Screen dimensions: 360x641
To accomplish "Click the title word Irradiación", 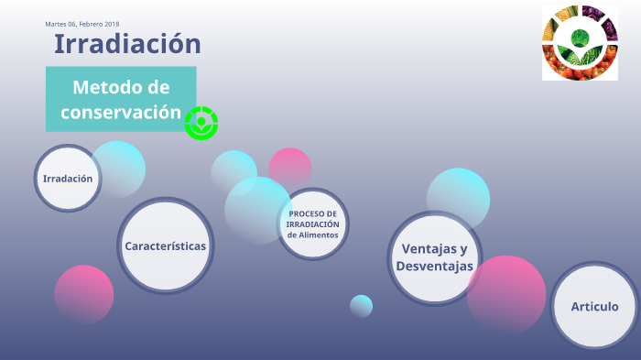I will [127, 43].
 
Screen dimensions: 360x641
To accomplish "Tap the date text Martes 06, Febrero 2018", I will [82, 24].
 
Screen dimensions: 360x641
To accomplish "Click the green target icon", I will [201, 123].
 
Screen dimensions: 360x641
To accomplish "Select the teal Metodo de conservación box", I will [121, 99].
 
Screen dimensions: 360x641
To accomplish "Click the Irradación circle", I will [68, 179].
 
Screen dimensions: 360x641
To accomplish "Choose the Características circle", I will [166, 245].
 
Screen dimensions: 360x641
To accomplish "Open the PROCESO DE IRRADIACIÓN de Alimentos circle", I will [312, 224].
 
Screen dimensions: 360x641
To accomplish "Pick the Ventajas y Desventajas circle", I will [434, 257].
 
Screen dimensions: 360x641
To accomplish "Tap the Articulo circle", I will [594, 306].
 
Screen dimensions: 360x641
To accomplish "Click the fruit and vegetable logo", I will [579, 43].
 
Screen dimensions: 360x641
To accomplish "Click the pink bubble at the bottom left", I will [84, 294].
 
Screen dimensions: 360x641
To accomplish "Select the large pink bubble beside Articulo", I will [506, 293].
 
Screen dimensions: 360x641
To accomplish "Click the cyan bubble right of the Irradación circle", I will [119, 167].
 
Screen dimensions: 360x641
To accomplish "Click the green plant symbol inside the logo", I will [579, 39].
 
